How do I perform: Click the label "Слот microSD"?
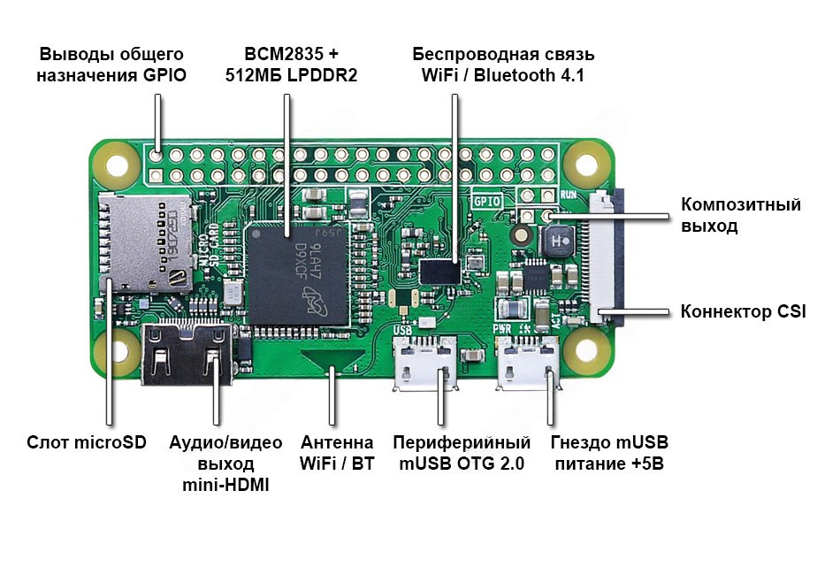point(87,442)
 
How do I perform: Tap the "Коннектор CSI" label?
point(743,311)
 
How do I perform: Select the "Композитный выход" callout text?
point(741,215)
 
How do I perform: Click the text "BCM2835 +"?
point(292,54)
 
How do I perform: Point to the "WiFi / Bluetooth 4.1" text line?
point(502,75)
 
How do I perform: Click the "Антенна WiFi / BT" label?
point(337,453)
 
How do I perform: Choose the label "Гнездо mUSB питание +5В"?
point(609,453)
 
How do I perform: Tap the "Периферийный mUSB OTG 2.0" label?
point(462,453)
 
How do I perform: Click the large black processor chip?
point(297,275)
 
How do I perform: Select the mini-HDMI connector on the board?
point(187,354)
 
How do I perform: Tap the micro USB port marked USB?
point(425,363)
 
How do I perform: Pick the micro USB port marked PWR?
point(528,363)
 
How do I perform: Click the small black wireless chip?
point(439,272)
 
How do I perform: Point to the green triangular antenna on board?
point(332,358)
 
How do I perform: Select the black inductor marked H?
point(557,241)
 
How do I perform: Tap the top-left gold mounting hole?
point(116,164)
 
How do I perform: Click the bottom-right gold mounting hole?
point(586,351)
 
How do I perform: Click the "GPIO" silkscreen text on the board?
point(487,202)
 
